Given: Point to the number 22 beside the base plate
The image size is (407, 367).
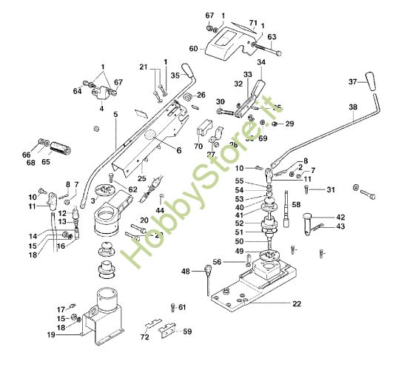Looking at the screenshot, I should [296, 304].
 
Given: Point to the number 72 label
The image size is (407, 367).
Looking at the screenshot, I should [145, 337].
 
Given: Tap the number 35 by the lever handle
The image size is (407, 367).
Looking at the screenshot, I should [175, 75].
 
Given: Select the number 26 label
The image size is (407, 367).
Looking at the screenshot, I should [200, 95].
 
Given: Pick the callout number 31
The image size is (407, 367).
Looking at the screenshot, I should [331, 190].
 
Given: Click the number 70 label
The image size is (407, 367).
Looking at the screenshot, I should [198, 147].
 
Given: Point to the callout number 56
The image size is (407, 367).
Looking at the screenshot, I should [216, 261].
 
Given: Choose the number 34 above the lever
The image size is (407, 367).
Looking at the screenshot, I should [260, 63].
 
